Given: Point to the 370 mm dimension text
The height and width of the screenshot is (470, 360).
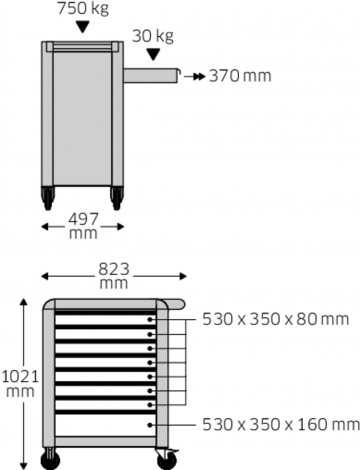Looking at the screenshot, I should pos(240,75).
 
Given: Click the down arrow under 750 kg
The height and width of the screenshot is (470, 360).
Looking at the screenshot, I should pos(82,29).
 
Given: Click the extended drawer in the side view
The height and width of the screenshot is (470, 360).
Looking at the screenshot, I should pos(150,74).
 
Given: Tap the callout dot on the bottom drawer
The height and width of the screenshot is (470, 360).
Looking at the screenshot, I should pos(151,424).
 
